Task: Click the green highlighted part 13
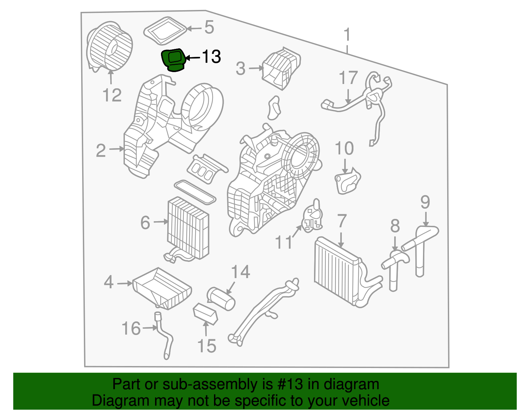pyautogui.click(x=173, y=60)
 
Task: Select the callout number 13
pyautogui.click(x=211, y=57)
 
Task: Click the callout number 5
pyautogui.click(x=209, y=27)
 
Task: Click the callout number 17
pyautogui.click(x=348, y=78)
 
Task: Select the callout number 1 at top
pyautogui.click(x=347, y=35)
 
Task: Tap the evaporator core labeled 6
pyautogui.click(x=188, y=228)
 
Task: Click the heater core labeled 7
pyautogui.click(x=336, y=271)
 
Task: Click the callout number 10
pyautogui.click(x=344, y=149)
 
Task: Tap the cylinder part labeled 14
pyautogui.click(x=221, y=299)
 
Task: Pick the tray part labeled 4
pyautogui.click(x=162, y=288)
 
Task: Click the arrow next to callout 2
pyautogui.click(x=117, y=149)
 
